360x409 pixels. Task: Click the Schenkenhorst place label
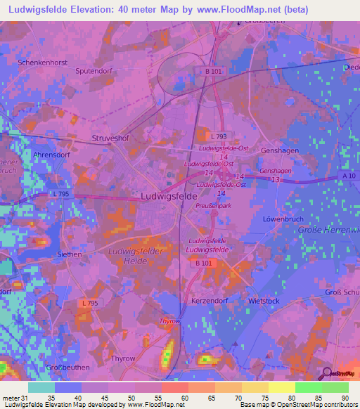tap(43, 63)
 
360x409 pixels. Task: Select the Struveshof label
tap(111, 139)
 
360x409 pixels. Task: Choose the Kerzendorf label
tap(210, 300)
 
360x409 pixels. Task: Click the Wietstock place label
tap(264, 301)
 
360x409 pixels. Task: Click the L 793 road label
tap(220, 136)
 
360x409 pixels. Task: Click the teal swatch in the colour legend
tap(41, 387)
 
